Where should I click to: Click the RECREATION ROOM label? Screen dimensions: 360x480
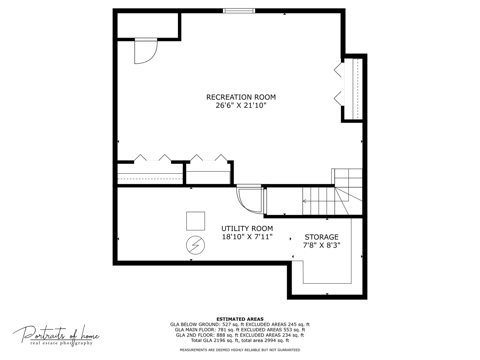241,97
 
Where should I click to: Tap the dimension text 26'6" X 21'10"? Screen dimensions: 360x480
241,106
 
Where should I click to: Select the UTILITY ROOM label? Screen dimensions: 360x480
247,229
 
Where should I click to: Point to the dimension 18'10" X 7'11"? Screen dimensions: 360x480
247,237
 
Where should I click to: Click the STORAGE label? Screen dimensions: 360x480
321,237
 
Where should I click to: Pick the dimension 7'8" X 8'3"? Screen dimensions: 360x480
321,245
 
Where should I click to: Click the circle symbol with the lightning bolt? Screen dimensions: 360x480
195,245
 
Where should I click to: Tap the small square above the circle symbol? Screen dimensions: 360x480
195,221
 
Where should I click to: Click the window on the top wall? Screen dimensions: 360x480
239,11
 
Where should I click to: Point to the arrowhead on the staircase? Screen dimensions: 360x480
304,201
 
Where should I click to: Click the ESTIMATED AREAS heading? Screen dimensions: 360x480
240,319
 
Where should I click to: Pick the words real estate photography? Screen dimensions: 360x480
61,343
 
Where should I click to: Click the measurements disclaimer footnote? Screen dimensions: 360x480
240,350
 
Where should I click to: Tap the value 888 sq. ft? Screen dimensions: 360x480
227,335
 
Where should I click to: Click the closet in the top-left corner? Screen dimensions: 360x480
148,26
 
